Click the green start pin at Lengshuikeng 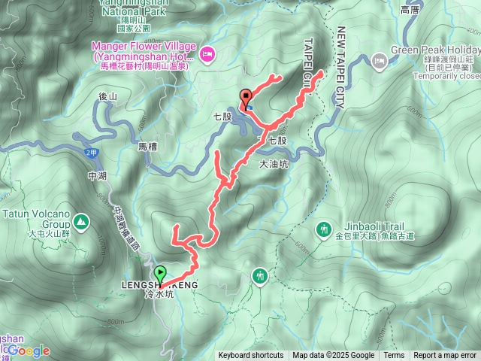tap(160, 274)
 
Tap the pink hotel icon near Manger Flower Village tap(208, 52)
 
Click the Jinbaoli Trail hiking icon tap(325, 227)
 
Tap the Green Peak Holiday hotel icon tap(380, 59)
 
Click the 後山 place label tap(108, 97)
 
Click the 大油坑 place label tap(274, 163)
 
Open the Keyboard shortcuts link tap(251, 356)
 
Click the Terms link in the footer tap(394, 356)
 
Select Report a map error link tap(446, 356)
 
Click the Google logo tap(29, 350)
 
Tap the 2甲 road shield tap(91, 153)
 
